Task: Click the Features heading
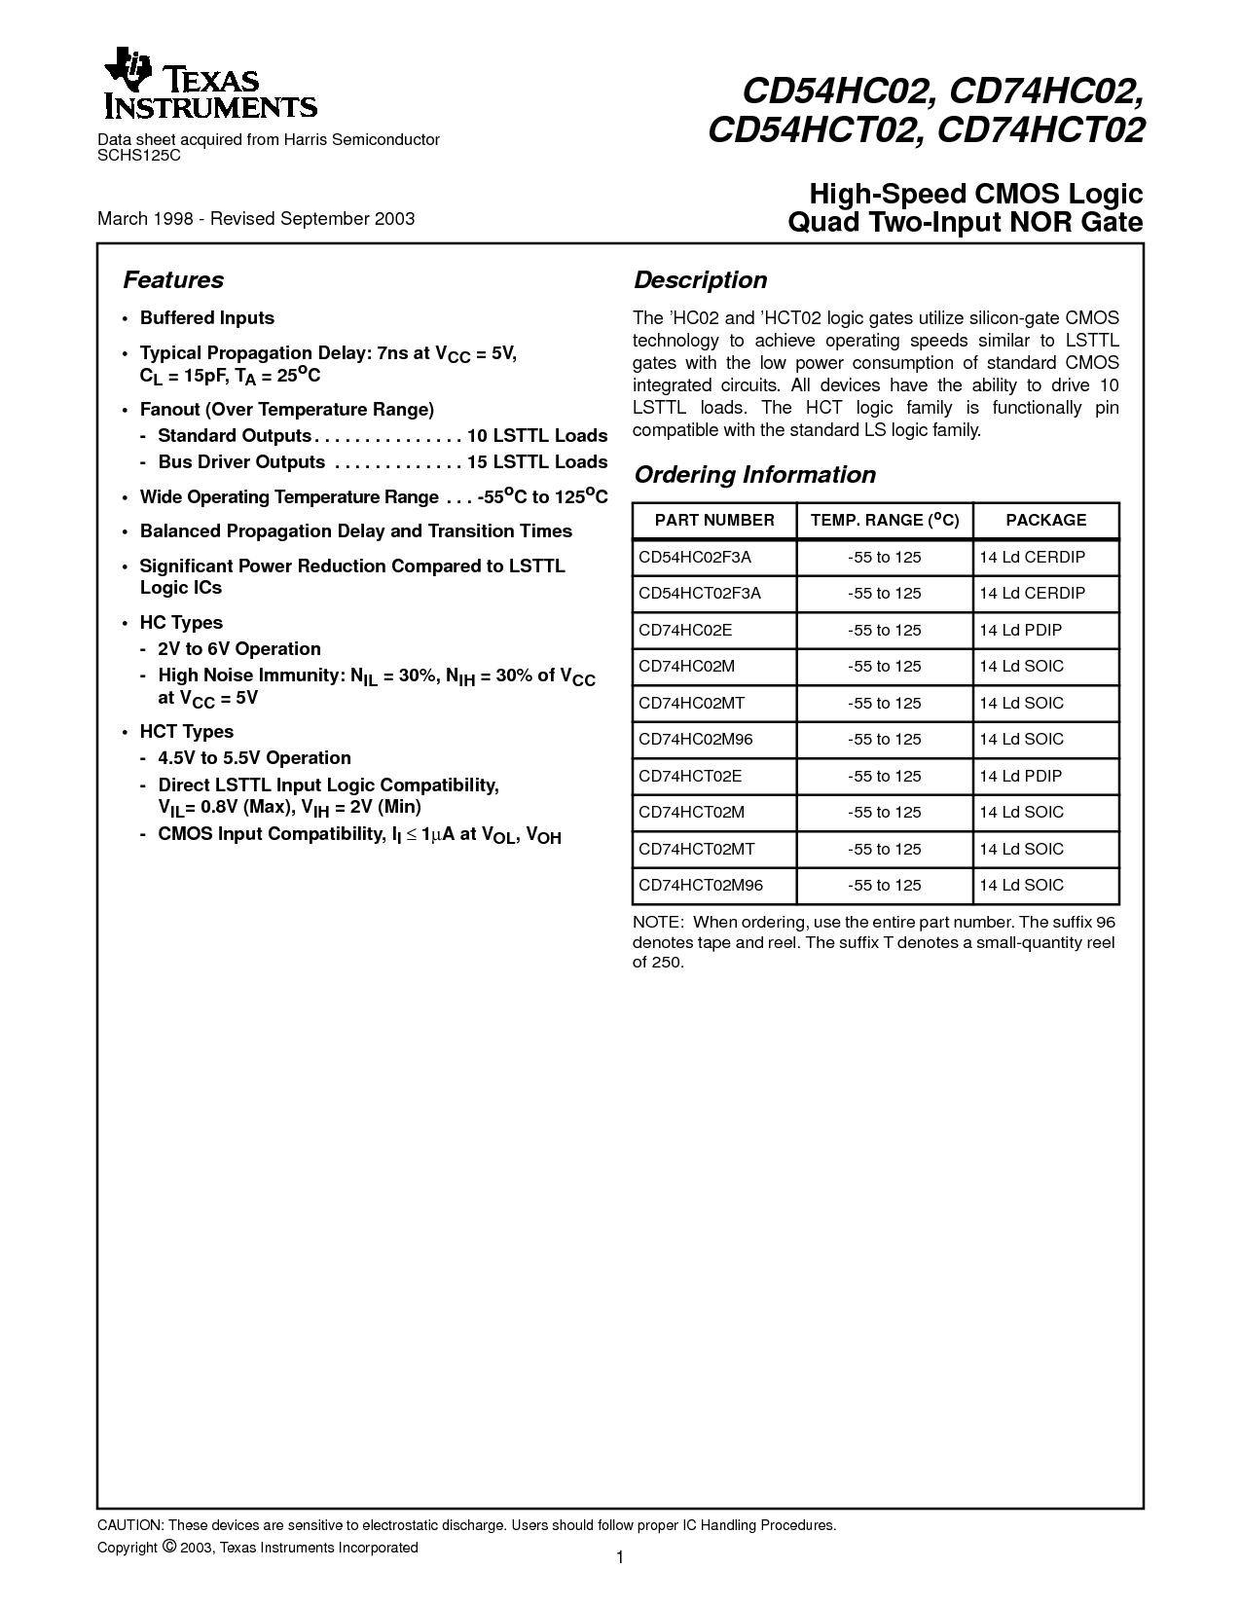(x=173, y=280)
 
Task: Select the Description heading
(x=700, y=280)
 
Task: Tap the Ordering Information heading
(x=754, y=475)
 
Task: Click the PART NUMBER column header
(x=714, y=521)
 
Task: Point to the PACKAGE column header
(x=1045, y=521)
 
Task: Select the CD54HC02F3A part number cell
(x=695, y=558)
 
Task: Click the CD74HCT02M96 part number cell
(x=701, y=886)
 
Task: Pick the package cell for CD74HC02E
(x=1020, y=631)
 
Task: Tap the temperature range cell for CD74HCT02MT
(x=884, y=850)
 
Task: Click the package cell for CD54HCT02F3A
(x=1032, y=594)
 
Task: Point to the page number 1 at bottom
(x=619, y=1558)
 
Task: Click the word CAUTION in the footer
(x=129, y=1525)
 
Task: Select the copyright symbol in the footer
(x=168, y=1547)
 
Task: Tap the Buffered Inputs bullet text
(x=206, y=318)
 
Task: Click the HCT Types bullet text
(x=187, y=732)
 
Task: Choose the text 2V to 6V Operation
(x=238, y=649)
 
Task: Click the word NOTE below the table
(x=656, y=922)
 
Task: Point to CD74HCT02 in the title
(x=1040, y=131)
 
